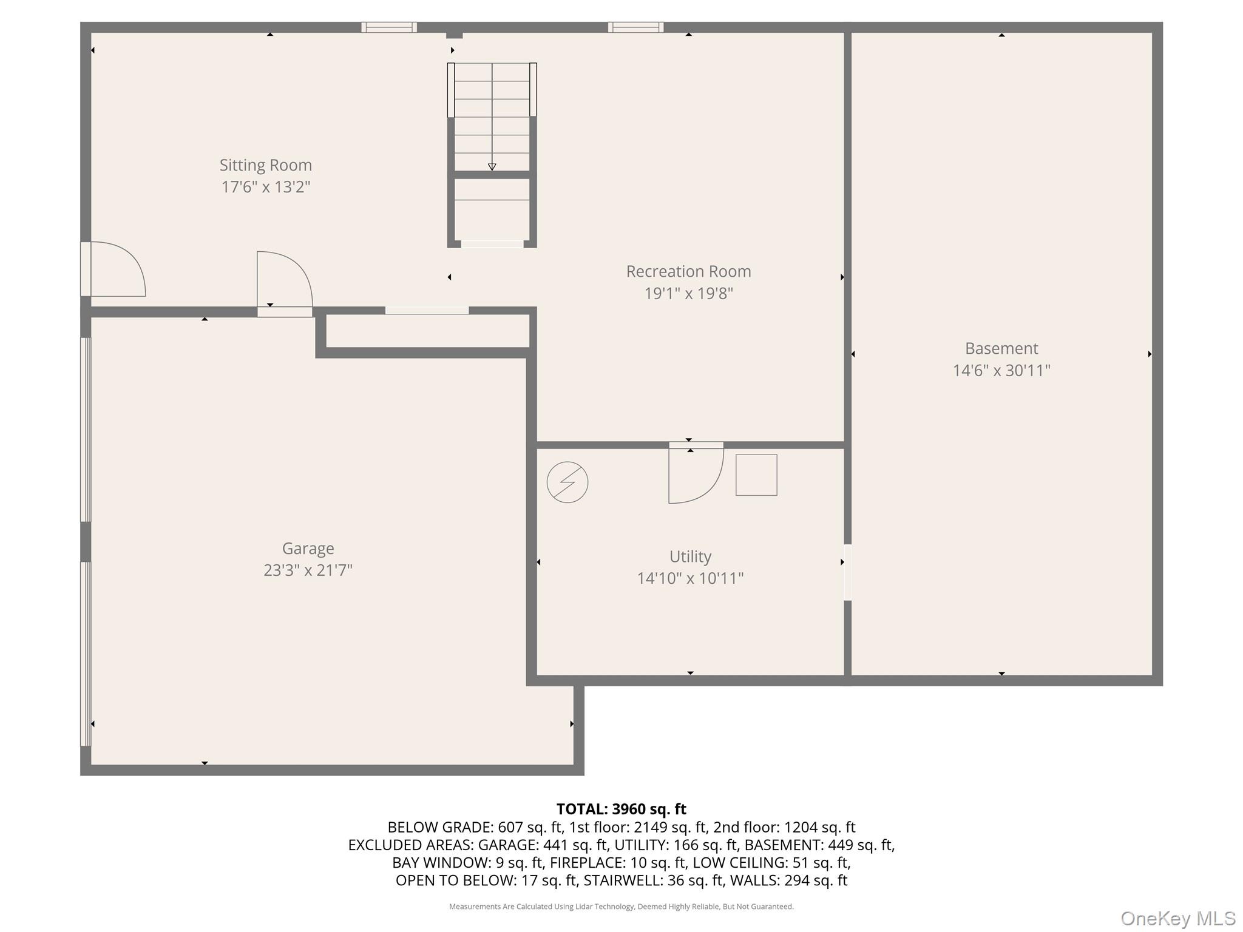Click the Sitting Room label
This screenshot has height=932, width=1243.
click(x=266, y=165)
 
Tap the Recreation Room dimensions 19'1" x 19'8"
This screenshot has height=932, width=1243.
click(x=688, y=294)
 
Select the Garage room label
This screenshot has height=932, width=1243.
click(x=308, y=549)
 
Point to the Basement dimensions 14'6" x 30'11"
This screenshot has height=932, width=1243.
click(x=1001, y=371)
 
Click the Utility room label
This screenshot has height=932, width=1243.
click(x=690, y=556)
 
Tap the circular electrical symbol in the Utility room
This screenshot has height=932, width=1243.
click(x=567, y=482)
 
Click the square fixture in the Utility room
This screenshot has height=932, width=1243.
click(x=756, y=475)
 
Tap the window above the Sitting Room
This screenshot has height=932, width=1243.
click(x=389, y=27)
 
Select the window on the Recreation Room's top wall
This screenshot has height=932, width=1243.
click(x=635, y=27)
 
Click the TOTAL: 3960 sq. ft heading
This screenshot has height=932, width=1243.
click(x=621, y=809)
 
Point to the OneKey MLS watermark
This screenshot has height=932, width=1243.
click(x=1178, y=919)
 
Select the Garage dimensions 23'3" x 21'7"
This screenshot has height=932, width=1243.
click(x=308, y=570)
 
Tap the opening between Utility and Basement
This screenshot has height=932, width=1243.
click(x=848, y=572)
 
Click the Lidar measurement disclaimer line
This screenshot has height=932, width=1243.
click(x=621, y=907)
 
